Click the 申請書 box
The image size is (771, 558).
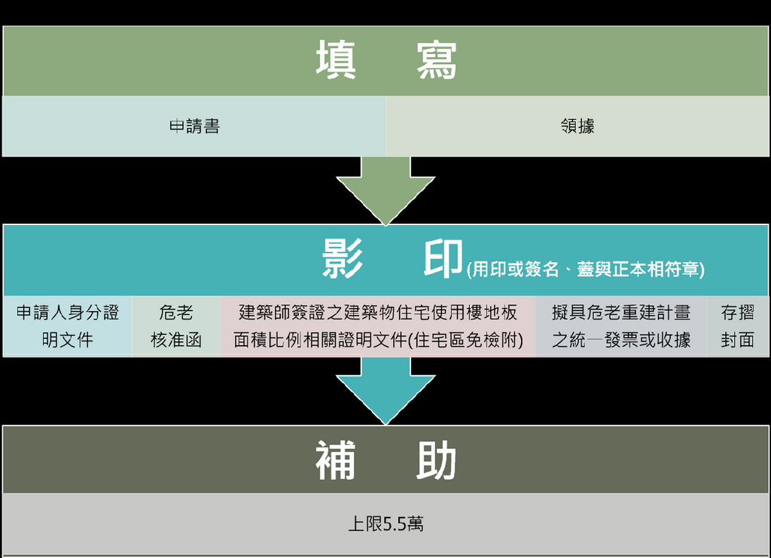pos(194,127)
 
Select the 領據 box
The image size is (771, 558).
pos(577,127)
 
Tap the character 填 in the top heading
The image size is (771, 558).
pos(336,61)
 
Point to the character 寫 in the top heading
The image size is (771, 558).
pos(437,61)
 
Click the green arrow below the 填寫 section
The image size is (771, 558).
pos(385,188)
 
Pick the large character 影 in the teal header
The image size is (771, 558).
pos(343,260)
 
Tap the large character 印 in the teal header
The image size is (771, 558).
pos(443,260)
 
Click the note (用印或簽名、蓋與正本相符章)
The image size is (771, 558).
pos(586,270)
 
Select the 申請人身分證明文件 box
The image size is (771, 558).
pos(67,326)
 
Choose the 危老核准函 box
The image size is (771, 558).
pos(176,326)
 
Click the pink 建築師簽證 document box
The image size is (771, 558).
pos(378,326)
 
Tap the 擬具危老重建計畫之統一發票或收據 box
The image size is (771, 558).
pos(621,326)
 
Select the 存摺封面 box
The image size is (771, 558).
pos(738,326)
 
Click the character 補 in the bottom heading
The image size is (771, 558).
pos(336,461)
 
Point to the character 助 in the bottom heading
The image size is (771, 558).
pos(437,461)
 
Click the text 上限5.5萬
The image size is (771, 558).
pos(385,523)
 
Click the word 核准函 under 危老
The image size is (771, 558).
pos(176,340)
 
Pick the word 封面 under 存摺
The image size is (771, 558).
pos(738,340)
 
